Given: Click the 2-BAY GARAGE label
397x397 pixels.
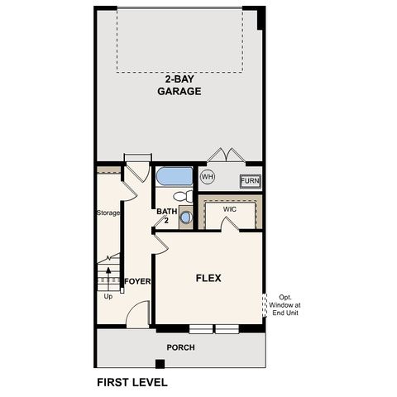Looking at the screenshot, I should click(x=179, y=86).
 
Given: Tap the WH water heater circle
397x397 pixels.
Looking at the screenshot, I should click(x=208, y=177).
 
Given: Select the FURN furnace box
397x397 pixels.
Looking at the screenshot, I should click(x=250, y=181).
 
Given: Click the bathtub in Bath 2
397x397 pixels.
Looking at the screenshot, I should click(x=175, y=176).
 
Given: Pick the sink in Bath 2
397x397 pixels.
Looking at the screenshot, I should click(x=185, y=218).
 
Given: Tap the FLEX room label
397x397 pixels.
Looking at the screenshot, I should click(x=208, y=278).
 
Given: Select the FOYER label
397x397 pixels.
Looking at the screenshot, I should click(x=137, y=281).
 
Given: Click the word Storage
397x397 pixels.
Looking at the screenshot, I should click(x=108, y=213).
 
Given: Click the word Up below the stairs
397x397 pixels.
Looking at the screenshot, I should click(x=108, y=296).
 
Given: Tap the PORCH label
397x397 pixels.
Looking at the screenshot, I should click(x=180, y=347).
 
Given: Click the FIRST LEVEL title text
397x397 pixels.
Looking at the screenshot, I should click(x=132, y=382).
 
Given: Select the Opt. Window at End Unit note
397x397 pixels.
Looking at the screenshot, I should click(x=285, y=306).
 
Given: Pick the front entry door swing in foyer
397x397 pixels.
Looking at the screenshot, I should click(x=139, y=315).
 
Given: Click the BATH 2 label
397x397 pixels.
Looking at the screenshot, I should click(x=166, y=216).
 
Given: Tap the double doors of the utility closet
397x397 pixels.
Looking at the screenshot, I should click(x=225, y=155).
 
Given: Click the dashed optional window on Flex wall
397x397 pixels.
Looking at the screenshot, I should click(x=265, y=305).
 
